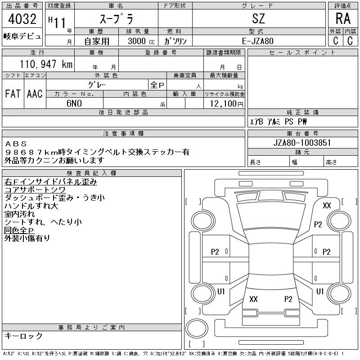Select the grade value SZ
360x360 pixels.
[x=259, y=18]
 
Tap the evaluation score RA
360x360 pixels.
[x=343, y=18]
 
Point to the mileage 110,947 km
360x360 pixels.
[x=45, y=64]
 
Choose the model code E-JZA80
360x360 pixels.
[x=259, y=41]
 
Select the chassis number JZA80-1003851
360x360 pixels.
[x=302, y=143]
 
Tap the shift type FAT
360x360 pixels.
[x=13, y=94]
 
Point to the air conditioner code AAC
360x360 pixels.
[x=35, y=94]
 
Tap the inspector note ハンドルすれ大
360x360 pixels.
[x=31, y=206]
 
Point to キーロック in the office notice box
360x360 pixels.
[x=24, y=336]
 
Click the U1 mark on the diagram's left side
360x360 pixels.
[x=221, y=292]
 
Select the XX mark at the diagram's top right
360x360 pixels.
[x=327, y=206]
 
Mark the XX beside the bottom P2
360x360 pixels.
[x=253, y=299]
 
